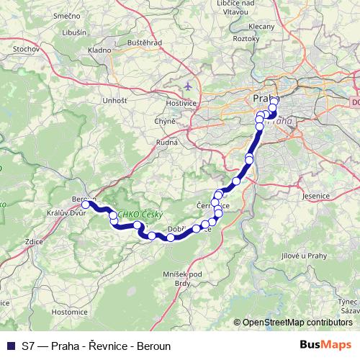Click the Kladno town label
pos(99,51)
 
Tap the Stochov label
pos(27,48)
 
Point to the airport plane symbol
pos(189,86)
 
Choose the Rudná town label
pos(166,142)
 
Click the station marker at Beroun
pos(85,204)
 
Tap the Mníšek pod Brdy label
pos(187,278)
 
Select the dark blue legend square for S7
pos(11,346)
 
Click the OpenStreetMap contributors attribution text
pos(297,323)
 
